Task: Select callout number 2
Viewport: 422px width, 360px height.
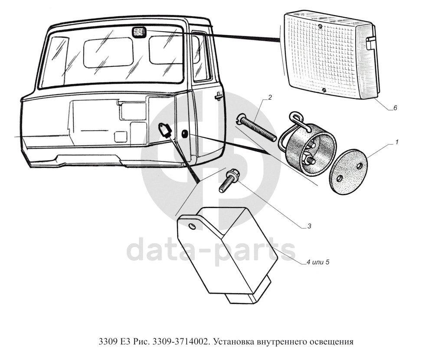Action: tap(270, 97)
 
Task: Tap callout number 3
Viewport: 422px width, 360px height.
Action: tap(309, 226)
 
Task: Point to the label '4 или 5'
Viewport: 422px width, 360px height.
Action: tap(318, 262)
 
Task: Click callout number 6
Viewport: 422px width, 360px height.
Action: tap(395, 108)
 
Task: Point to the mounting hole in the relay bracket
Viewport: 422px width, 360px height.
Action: tap(192, 226)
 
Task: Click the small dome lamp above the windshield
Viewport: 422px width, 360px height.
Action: tap(139, 32)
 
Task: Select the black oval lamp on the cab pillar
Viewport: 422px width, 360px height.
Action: tap(185, 134)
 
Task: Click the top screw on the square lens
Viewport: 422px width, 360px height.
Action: tap(320, 26)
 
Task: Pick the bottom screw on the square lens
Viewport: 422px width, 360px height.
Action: tap(324, 90)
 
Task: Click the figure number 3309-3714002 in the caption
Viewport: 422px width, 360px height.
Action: tap(180, 342)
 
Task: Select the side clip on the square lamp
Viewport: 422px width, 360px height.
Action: tap(370, 43)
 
